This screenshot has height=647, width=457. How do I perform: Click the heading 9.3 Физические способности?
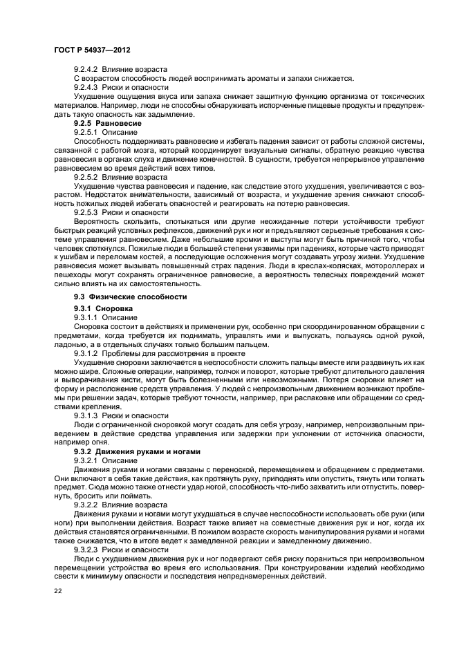(x=120, y=297)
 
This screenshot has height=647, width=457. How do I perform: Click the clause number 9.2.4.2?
(x=87, y=70)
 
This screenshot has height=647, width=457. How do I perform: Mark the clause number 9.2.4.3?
(x=87, y=88)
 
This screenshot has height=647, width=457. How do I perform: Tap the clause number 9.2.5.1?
(x=87, y=131)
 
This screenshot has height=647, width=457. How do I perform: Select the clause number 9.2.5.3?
(x=87, y=213)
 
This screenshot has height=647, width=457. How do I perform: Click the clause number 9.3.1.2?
(x=87, y=352)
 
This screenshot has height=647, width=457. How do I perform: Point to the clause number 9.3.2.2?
(x=87, y=505)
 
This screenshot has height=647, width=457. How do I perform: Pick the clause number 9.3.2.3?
(x=87, y=550)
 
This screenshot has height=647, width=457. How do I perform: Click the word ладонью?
(x=71, y=344)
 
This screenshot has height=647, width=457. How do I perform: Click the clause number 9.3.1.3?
(x=87, y=415)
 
